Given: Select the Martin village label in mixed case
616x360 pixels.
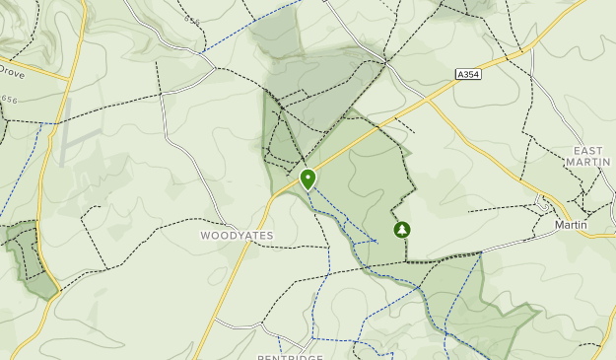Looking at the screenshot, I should click(x=571, y=225).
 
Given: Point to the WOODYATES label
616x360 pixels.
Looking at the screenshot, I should click(x=237, y=236).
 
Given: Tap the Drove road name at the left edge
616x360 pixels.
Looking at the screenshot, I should click(x=12, y=72).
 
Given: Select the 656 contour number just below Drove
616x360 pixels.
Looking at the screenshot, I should click(x=10, y=99).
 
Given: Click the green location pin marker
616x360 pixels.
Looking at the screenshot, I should click(x=308, y=179).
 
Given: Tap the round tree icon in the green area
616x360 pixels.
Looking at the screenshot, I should click(x=402, y=230).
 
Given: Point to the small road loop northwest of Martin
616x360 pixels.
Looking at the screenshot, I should click(x=542, y=204).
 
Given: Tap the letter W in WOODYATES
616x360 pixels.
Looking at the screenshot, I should click(x=205, y=236).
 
